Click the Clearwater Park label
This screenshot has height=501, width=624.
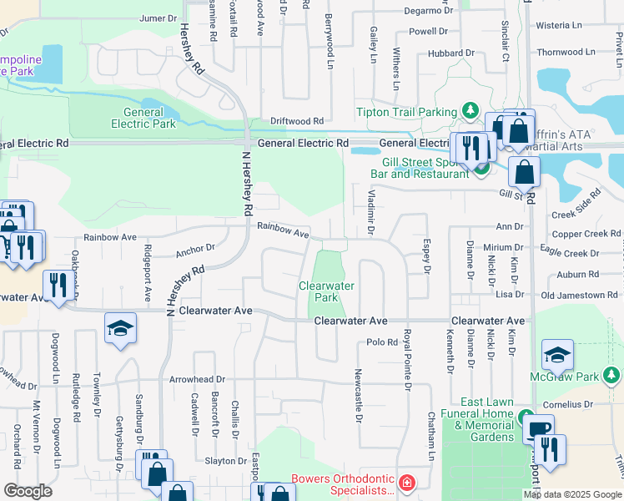[x=327, y=291]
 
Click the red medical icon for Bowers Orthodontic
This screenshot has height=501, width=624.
[x=405, y=483]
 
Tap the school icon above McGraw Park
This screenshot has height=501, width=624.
[x=557, y=356]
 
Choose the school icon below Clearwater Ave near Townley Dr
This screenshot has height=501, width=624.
[x=120, y=328]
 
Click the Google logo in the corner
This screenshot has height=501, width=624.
[x=28, y=490]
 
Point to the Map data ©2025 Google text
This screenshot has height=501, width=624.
[x=572, y=494]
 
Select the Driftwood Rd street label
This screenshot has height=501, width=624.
[x=290, y=122]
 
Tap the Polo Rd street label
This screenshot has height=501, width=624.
[x=381, y=342]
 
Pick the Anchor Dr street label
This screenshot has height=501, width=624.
[x=195, y=247]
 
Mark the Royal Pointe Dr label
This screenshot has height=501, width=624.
[x=407, y=359]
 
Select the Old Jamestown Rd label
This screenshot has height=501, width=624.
[x=579, y=295]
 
